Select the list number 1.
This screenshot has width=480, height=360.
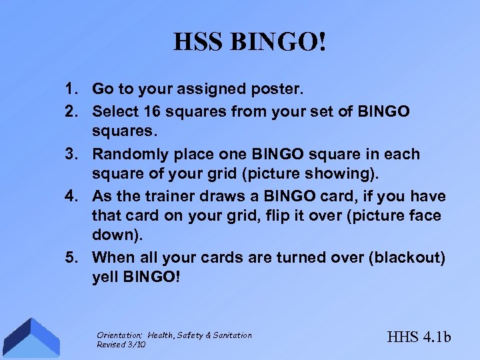pyautogui.click(x=70, y=89)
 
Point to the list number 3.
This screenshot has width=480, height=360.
pyautogui.click(x=70, y=154)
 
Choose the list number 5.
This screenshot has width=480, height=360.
pyautogui.click(x=70, y=257)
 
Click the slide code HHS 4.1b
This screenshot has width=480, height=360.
pyautogui.click(x=419, y=337)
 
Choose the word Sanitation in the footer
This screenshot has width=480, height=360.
pyautogui.click(x=231, y=335)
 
